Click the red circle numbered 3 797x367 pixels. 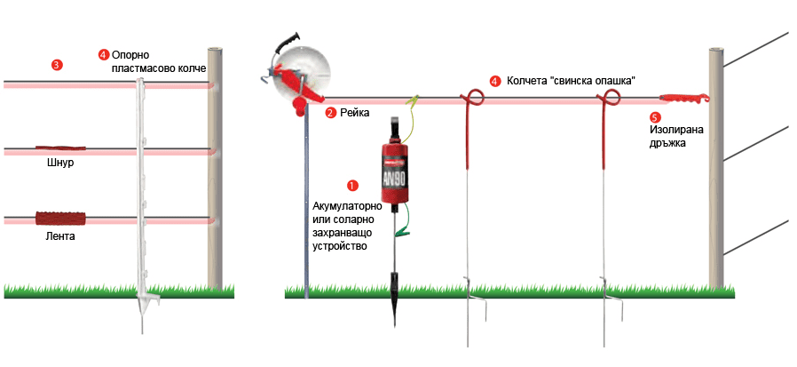coord(57,65)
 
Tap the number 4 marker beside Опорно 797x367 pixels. coord(103,54)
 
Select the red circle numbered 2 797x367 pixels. coord(330,113)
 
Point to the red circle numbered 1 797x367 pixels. coord(352,186)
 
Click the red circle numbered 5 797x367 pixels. coord(655,116)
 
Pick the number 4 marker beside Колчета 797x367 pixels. coord(494,81)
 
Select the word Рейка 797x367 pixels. coord(355,113)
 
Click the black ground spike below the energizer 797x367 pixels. coord(393,297)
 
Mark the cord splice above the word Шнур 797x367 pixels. coord(57,148)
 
